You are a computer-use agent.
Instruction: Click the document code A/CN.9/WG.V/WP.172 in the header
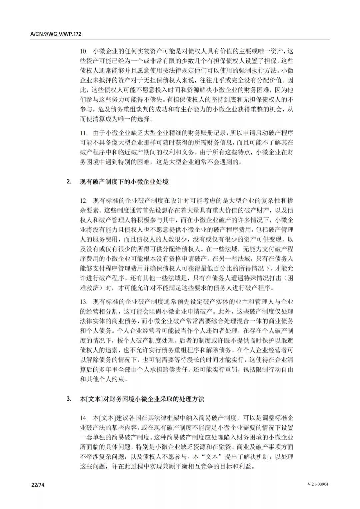tap(56, 34)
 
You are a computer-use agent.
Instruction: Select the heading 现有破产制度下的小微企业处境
tap(124, 182)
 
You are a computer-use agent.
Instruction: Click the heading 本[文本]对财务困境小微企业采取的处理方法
tap(142, 399)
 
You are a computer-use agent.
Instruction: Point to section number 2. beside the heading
tap(69, 182)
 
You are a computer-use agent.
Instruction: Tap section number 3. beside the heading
tap(69, 399)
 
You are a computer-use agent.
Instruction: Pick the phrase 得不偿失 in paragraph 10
tap(152, 100)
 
